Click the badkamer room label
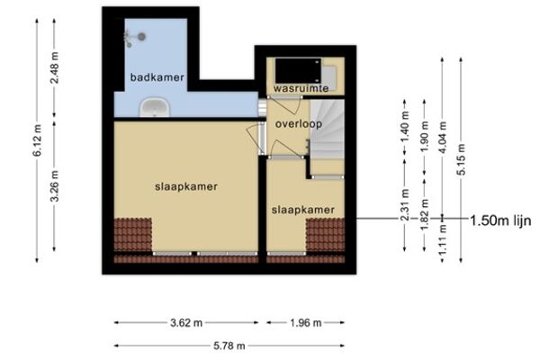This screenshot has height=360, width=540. pos(157,77)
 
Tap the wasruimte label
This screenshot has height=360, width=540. pos(301,88)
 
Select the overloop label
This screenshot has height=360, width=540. pos(298,124)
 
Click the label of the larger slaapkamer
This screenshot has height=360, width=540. pos(186,186)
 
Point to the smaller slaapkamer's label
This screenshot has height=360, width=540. pos(303,210)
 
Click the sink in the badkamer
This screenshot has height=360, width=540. pos(155,107)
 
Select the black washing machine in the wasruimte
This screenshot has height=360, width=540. pos(298,70)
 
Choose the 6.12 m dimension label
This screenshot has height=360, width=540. pos(37,140)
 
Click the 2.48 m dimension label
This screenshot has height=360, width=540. pos(54,67)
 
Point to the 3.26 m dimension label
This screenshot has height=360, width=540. pos(54,185)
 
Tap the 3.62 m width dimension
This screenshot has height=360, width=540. pos(186,323)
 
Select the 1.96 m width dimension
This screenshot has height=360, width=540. pos(305,323)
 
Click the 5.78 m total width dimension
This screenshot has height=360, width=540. pos(229,346)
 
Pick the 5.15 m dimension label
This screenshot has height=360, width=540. pos(462,159)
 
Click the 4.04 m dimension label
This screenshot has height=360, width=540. pos(443,138)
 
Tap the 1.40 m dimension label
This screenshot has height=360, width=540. pos(405,127)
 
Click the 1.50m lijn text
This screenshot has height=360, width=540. pos(500,220)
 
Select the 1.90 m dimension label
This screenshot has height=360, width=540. pos(424,138)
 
